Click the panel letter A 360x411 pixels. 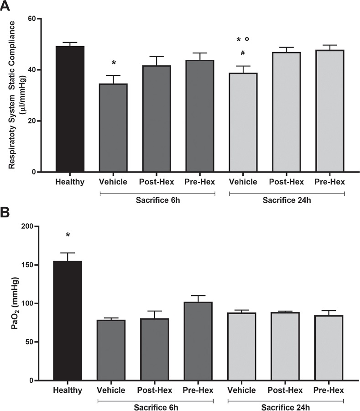tap(6, 6)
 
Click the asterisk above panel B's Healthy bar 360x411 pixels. tap(68, 236)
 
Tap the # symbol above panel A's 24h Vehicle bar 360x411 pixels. tap(243, 53)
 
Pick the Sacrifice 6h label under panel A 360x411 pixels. tap(156, 200)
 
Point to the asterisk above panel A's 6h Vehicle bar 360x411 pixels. tap(113, 63)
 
